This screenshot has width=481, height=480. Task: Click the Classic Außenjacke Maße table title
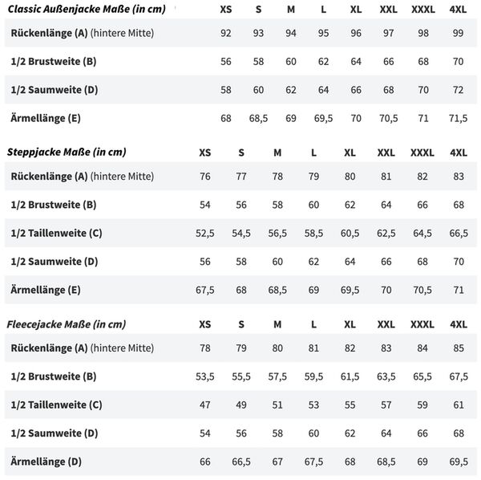coord(96,9)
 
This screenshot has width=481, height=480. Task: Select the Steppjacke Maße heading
coord(67,152)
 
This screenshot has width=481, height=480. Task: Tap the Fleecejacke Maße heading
coord(67,323)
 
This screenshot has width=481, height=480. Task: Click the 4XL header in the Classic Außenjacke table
coord(459,9)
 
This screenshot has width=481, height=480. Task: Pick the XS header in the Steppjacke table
coord(205,152)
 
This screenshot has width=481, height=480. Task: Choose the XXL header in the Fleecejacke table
coord(386,323)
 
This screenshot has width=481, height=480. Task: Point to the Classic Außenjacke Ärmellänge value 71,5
coord(459,118)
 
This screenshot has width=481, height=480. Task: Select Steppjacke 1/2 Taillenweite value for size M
coord(277,233)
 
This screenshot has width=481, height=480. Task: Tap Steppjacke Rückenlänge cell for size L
coord(313,176)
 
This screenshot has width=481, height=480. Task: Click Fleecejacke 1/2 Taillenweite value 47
coord(205,405)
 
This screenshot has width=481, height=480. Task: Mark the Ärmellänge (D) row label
coord(46,462)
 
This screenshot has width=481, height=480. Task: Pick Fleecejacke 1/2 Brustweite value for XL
coord(350,376)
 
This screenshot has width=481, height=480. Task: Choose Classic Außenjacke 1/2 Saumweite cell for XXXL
coord(423,89)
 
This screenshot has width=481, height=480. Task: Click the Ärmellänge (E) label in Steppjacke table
coord(46,290)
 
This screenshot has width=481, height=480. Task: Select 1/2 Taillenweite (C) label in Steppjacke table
coord(56,233)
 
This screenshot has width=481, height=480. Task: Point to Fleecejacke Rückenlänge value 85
coord(459,348)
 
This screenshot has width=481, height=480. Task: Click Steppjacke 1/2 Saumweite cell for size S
coord(241,261)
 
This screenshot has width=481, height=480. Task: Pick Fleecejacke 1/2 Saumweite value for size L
coord(313,433)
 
